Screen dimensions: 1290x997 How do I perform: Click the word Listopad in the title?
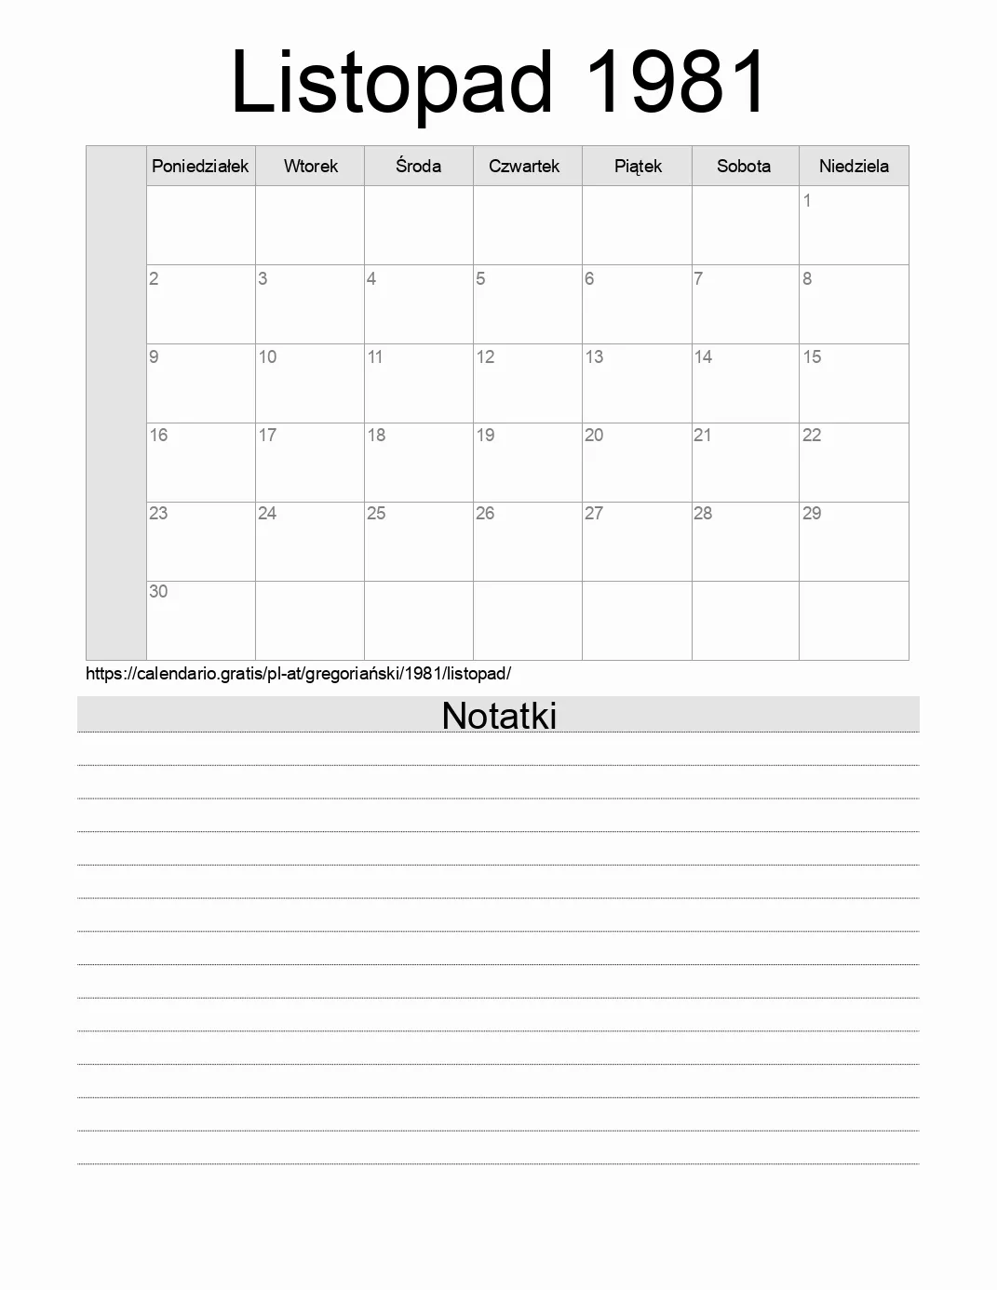coord(391,82)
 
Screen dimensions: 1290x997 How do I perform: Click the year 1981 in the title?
coord(677,82)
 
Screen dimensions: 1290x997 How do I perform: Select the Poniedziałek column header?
coord(200,167)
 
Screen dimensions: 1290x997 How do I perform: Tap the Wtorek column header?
coord(311,167)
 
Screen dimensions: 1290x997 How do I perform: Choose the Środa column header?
coord(418,167)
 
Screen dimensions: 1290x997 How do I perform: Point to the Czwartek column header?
coord(524,167)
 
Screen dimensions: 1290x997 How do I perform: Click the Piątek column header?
coord(638,167)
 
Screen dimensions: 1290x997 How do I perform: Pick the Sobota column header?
coord(744,167)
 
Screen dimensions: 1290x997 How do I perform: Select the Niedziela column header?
coord(854,167)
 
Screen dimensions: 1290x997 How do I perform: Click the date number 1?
coord(807,201)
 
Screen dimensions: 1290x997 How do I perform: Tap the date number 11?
coord(375,357)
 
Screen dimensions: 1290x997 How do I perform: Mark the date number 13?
coord(594,357)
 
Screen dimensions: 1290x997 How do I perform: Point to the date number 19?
coord(485,436)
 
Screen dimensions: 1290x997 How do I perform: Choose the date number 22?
coord(812,436)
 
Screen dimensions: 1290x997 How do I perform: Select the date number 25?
coord(376,514)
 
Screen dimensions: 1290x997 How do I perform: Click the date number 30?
coord(158,592)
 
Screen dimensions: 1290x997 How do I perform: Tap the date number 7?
coord(698,279)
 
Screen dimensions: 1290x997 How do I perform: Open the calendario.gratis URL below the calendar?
coord(298,674)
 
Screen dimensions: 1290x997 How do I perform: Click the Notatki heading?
coord(499,716)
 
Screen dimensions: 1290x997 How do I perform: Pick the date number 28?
coord(703,514)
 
